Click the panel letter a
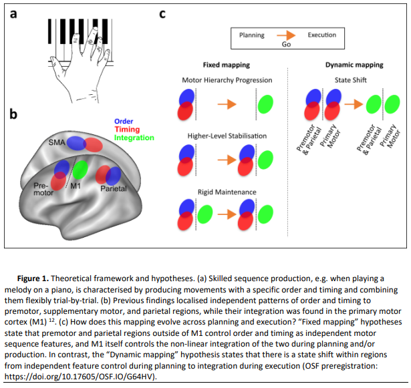(13, 13)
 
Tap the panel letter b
(13, 114)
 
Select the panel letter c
(162, 13)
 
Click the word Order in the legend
(124, 122)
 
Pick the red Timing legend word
(127, 129)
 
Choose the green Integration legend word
(134, 138)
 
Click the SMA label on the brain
(57, 142)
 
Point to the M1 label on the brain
(76, 186)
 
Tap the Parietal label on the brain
(114, 188)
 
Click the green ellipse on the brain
(80, 170)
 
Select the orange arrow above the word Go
(286, 35)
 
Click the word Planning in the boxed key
(252, 35)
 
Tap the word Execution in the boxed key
(322, 35)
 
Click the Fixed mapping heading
(227, 65)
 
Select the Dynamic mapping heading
(354, 65)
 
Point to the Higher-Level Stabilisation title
(227, 136)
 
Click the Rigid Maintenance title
(227, 192)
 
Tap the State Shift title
(350, 80)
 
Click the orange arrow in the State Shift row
(354, 104)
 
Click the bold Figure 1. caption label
(33, 278)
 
